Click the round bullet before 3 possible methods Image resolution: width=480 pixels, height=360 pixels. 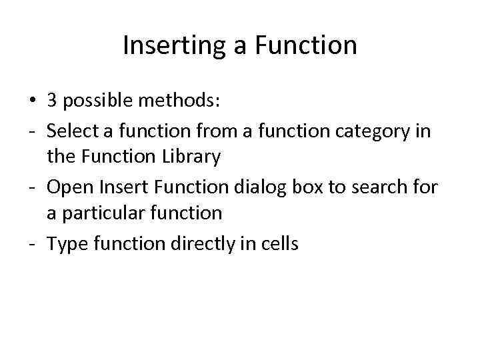(x=32, y=101)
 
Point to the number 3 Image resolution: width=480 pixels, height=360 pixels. (x=52, y=101)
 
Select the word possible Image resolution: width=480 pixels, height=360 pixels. (x=95, y=101)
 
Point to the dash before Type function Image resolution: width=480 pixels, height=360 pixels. (x=32, y=244)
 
